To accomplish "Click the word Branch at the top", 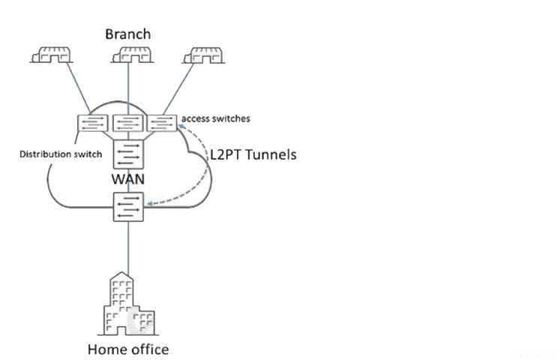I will tap(127, 34).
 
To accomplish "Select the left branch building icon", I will tap(53, 55).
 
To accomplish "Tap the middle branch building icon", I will tap(130, 55).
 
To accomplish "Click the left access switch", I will tap(94, 123).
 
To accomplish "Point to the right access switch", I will tap(161, 122).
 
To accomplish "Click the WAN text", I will tap(127, 180).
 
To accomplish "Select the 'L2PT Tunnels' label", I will tap(252, 156).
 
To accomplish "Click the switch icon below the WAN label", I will tap(128, 205).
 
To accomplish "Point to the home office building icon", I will tap(128, 304).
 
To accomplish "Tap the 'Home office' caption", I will tap(128, 349).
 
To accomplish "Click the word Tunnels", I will tap(270, 156).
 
